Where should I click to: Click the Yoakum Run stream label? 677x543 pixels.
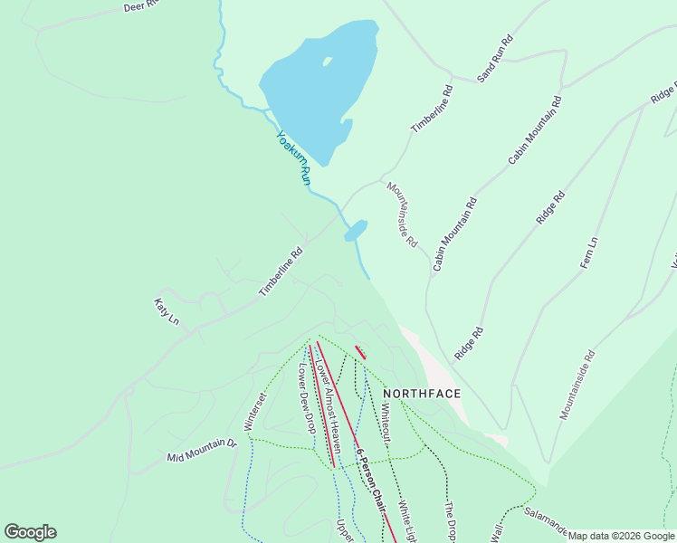point(294,159)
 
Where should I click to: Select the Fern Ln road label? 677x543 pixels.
point(589,253)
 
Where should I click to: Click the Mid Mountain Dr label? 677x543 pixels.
point(201,452)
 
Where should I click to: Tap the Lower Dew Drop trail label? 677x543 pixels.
point(305,398)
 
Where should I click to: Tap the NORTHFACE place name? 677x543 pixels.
point(422,394)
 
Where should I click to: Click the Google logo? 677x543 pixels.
point(30,532)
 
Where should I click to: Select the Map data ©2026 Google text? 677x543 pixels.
point(621,536)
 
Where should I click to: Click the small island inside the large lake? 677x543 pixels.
point(327,62)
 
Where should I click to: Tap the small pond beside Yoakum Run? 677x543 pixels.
point(356,230)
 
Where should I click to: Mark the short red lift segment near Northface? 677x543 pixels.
point(360,353)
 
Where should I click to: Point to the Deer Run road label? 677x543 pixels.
point(141,6)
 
